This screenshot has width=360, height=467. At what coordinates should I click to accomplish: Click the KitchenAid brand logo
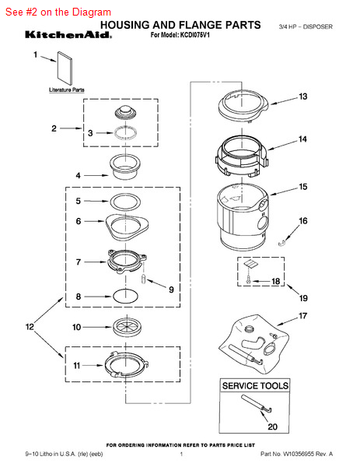68,35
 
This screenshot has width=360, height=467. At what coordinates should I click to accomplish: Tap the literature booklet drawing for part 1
65,68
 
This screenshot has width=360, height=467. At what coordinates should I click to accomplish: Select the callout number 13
303,97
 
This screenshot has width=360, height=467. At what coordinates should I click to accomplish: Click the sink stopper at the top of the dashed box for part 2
125,113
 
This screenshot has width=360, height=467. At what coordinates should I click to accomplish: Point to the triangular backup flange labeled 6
127,227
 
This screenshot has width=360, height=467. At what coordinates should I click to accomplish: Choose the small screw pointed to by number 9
143,279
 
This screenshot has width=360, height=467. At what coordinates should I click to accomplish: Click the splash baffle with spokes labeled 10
127,327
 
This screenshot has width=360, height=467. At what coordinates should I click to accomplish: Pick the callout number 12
30,327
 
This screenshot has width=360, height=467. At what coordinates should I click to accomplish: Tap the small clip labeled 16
281,243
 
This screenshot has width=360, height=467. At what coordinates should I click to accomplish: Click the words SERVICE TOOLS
255,386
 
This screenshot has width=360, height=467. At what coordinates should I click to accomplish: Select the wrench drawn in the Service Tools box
257,404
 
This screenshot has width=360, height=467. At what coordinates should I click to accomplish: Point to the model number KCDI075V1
194,35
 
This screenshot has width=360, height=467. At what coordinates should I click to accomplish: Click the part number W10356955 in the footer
298,454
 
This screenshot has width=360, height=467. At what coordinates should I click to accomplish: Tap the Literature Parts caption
67,90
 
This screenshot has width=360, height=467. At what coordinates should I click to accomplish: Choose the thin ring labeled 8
125,297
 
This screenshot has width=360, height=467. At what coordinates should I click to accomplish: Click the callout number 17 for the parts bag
303,316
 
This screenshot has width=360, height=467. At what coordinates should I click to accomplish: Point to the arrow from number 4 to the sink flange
96,175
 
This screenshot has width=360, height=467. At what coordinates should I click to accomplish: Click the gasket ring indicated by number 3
125,132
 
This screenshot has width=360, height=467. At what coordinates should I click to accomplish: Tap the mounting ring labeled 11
127,365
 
